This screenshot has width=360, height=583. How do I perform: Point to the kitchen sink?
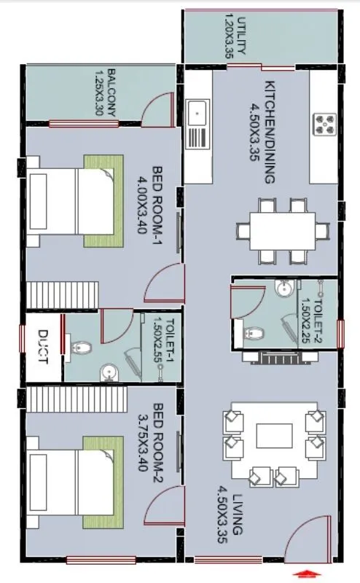click(x=197, y=113)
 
